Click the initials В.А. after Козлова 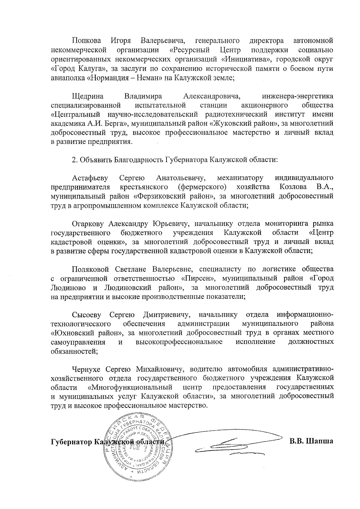325,187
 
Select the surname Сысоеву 87,315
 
